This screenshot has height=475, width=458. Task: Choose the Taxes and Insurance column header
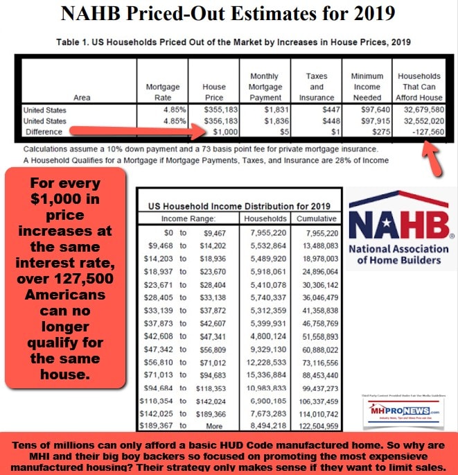point(317,87)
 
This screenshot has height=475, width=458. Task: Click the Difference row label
point(43,131)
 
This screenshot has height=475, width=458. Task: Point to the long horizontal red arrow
point(132,131)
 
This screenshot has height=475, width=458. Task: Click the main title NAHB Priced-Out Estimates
point(229,15)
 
